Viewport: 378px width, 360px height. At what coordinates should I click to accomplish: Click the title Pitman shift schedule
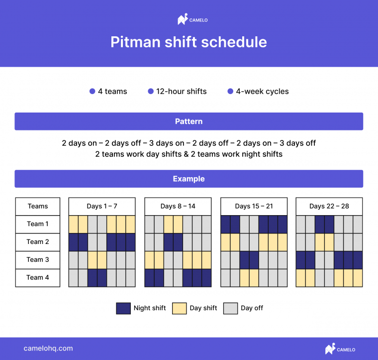[189, 42]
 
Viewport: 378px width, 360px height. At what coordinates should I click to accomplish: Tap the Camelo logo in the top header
[192, 20]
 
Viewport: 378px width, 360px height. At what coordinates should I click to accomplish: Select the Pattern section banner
[189, 121]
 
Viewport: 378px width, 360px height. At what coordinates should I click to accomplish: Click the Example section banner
[189, 179]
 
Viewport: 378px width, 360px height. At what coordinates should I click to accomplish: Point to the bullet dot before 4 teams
[92, 92]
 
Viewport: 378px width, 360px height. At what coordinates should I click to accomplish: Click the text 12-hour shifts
[181, 92]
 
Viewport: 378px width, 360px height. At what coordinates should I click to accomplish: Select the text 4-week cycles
[262, 92]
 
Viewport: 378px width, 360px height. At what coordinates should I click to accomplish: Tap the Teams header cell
[38, 206]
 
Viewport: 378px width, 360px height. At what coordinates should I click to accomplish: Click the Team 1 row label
[38, 224]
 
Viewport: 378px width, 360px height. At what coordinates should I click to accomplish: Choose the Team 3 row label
[38, 259]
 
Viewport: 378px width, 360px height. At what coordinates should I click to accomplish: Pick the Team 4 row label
[38, 277]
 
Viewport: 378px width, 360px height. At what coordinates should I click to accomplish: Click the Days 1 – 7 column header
[102, 206]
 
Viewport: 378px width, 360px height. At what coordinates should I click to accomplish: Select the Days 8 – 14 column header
[178, 206]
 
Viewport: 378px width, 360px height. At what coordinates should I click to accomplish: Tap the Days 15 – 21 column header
[254, 206]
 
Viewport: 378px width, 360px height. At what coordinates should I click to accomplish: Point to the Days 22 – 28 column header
[329, 206]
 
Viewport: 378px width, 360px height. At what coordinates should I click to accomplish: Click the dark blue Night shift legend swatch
[123, 308]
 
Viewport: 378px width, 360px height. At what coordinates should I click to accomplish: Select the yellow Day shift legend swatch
[179, 308]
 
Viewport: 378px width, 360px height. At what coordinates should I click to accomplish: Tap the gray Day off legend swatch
[230, 308]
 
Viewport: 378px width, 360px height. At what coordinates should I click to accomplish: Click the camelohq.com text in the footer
[48, 349]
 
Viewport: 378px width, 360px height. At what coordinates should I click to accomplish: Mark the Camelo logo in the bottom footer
[340, 349]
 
